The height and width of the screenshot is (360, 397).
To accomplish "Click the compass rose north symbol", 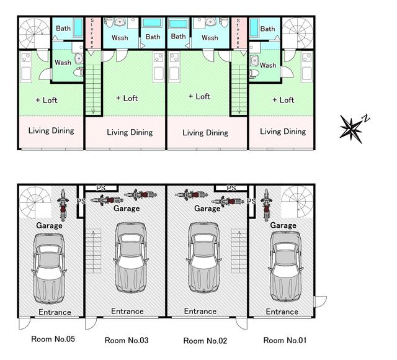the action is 352,128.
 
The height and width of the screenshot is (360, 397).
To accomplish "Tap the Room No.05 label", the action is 53,339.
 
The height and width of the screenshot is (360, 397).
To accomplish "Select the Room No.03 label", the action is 127,340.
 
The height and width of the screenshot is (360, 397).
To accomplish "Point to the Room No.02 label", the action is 205,341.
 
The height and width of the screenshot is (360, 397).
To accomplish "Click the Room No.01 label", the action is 285,340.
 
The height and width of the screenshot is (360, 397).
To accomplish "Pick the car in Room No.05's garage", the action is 48,269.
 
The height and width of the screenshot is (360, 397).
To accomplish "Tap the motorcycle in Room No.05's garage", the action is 63,205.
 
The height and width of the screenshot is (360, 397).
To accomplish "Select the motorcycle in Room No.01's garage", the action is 267,205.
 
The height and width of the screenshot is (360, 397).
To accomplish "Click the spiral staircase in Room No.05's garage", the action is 35,202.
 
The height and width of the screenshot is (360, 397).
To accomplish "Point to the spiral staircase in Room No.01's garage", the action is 297,202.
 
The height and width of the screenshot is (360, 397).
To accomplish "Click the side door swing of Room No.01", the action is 320,302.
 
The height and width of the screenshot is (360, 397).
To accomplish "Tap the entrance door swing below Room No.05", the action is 25,323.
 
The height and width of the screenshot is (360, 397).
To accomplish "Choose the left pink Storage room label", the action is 92,33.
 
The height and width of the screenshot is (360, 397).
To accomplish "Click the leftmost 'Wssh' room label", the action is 120,38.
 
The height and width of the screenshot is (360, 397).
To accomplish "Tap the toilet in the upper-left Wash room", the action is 78,72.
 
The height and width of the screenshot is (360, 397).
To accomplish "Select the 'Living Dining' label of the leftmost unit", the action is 51,131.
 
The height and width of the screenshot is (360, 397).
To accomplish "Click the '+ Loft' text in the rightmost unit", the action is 283,100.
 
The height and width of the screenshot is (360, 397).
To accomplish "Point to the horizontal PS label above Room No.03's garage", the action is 100,188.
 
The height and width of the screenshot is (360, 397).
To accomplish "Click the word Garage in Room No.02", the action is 207,209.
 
